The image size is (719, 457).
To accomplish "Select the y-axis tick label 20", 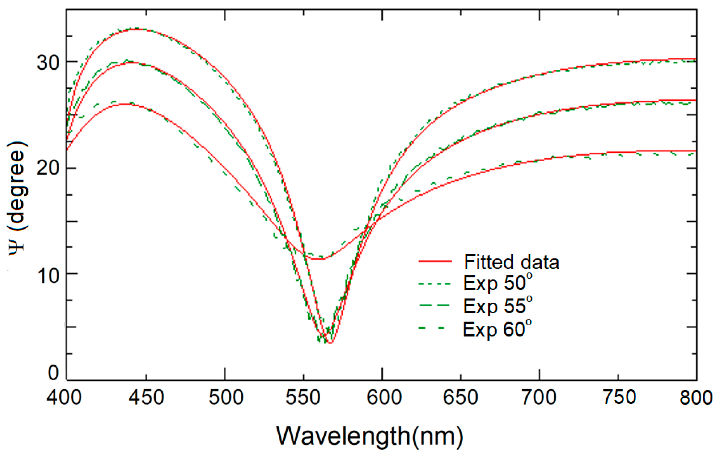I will pyautogui.click(x=48, y=169).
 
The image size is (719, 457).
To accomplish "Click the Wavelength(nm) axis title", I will pyautogui.click(x=370, y=436).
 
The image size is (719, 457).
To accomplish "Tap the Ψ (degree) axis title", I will pyautogui.click(x=17, y=198).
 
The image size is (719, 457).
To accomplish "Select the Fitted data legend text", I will pyautogui.click(x=512, y=262).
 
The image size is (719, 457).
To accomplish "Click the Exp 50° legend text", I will pyautogui.click(x=497, y=284).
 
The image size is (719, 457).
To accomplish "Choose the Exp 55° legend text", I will pyautogui.click(x=497, y=306).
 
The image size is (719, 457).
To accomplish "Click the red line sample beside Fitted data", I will pyautogui.click(x=435, y=261).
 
